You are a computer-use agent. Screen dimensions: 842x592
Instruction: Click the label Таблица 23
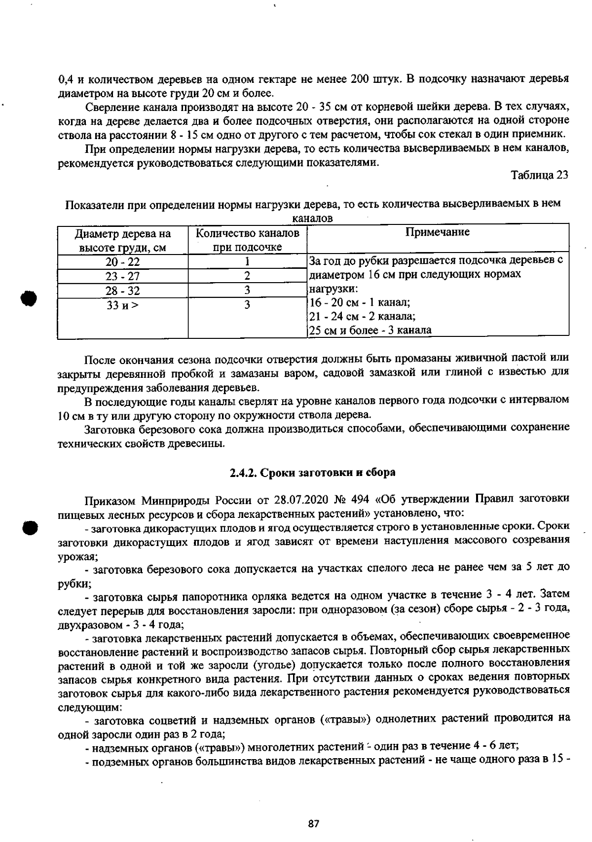pos(539,175)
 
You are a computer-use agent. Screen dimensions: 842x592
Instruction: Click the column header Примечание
pos(437,232)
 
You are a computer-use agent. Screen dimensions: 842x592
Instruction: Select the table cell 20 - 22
pos(123,262)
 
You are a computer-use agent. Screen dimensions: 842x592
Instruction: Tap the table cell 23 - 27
pos(123,276)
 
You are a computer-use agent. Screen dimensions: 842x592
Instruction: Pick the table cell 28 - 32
pos(123,291)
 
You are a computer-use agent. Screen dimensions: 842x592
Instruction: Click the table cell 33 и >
pos(123,305)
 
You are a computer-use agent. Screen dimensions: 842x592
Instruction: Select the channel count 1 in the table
pos(247,262)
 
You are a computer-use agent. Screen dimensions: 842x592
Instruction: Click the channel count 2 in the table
pos(247,276)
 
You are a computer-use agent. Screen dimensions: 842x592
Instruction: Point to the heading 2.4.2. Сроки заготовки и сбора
pos(313,472)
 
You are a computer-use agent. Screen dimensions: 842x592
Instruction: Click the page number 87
pos(313,823)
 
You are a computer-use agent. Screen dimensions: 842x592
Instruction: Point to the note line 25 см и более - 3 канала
pos(370,330)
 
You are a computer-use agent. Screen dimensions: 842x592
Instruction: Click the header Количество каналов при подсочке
pos(247,240)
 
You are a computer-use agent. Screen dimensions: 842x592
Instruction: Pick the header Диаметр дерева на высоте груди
pos(123,240)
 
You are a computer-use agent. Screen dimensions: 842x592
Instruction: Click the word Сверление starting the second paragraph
pos(111,107)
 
